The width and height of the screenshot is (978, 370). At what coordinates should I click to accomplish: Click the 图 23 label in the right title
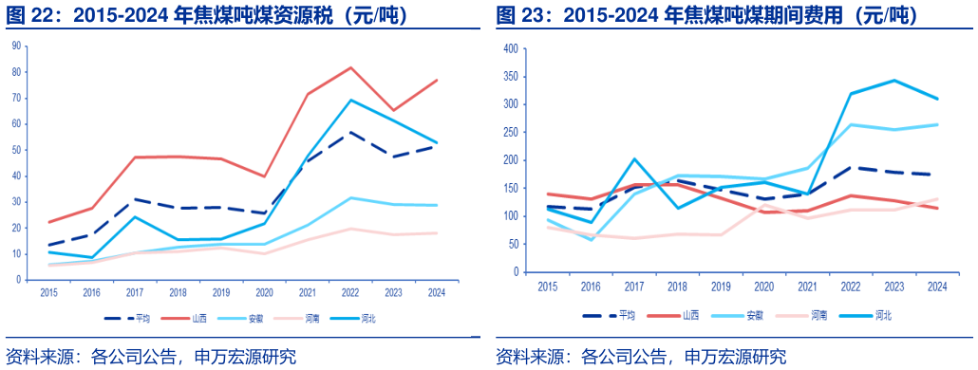coord(519,15)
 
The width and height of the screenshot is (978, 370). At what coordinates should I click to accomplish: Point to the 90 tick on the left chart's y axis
coord(17,46)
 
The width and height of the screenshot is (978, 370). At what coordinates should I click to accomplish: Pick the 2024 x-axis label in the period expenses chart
coord(937,286)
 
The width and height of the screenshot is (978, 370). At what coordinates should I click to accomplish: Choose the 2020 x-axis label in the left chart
coord(265,292)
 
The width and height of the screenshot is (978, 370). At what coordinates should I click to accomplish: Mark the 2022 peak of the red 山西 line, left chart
coord(350,67)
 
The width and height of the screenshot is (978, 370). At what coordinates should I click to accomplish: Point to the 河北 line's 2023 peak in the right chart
coord(894,81)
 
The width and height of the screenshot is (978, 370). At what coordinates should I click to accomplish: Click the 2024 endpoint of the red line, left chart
coord(436,80)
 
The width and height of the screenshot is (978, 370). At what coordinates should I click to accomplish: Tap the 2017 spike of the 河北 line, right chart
coord(633,159)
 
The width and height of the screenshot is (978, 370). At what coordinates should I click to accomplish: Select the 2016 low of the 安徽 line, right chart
coord(591,240)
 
